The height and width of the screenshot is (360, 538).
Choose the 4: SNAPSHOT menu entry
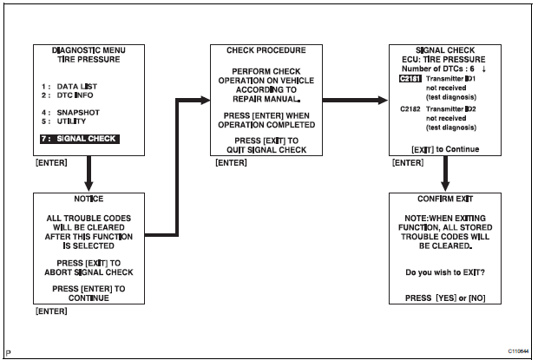point(73,113)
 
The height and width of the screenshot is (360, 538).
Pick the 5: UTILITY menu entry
point(69,122)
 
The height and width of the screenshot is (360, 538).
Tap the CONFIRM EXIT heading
point(445,199)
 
